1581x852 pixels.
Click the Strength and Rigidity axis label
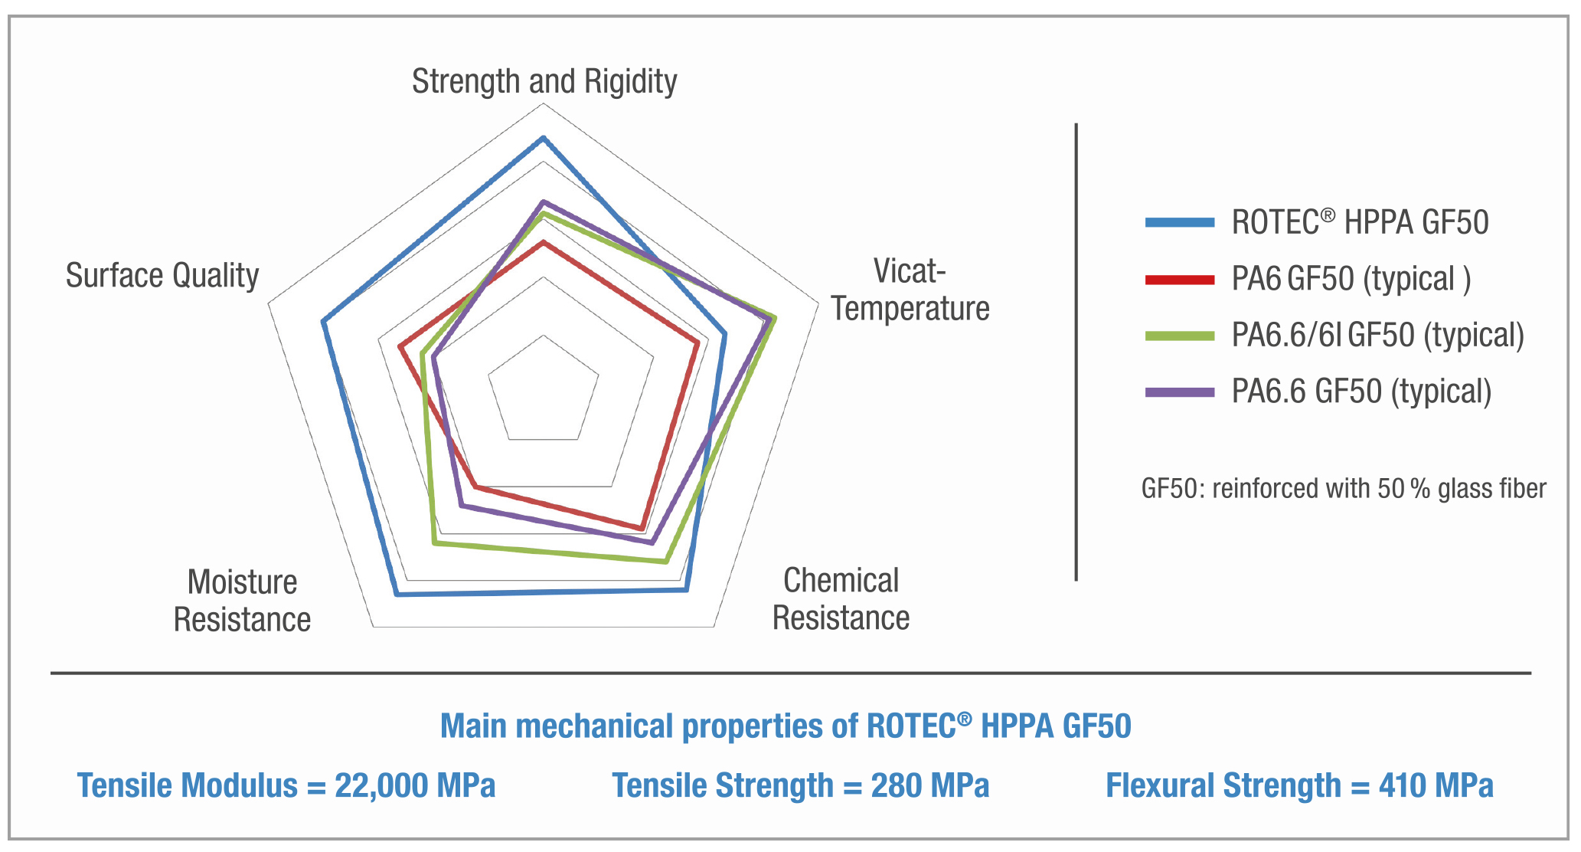pyautogui.click(x=544, y=81)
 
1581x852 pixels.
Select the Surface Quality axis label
pyautogui.click(x=162, y=275)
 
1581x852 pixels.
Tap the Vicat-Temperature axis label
pyautogui.click(x=910, y=290)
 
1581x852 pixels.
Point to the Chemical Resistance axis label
pyautogui.click(x=841, y=599)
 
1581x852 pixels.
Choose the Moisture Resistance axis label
pyautogui.click(x=242, y=601)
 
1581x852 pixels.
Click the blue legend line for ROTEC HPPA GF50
pyautogui.click(x=1179, y=223)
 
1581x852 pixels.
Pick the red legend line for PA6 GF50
pyautogui.click(x=1179, y=280)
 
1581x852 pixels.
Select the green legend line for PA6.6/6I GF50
pyautogui.click(x=1179, y=336)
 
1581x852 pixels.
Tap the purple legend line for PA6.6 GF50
pyautogui.click(x=1179, y=392)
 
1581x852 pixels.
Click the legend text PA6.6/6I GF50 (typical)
pyautogui.click(x=1377, y=336)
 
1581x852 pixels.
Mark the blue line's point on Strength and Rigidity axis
pyautogui.click(x=544, y=138)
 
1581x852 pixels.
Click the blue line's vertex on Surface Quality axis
pyautogui.click(x=324, y=322)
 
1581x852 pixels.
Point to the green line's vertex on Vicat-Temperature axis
pyautogui.click(x=775, y=318)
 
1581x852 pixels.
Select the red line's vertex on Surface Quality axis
pyautogui.click(x=400, y=347)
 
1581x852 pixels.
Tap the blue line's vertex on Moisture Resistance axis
pyautogui.click(x=397, y=595)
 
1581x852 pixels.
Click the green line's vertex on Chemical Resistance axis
pyautogui.click(x=665, y=562)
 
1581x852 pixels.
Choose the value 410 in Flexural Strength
pyautogui.click(x=1402, y=786)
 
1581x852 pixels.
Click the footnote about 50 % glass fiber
pyautogui.click(x=1343, y=489)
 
